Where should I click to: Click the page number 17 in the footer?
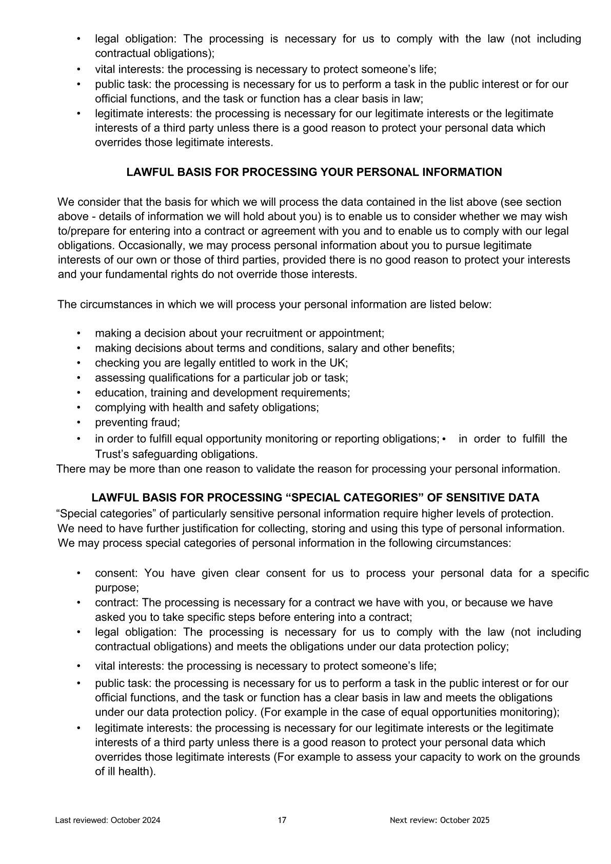pyautogui.click(x=282, y=820)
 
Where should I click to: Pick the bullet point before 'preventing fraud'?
pyautogui.click(x=78, y=422)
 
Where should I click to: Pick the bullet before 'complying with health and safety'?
pyautogui.click(x=78, y=407)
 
